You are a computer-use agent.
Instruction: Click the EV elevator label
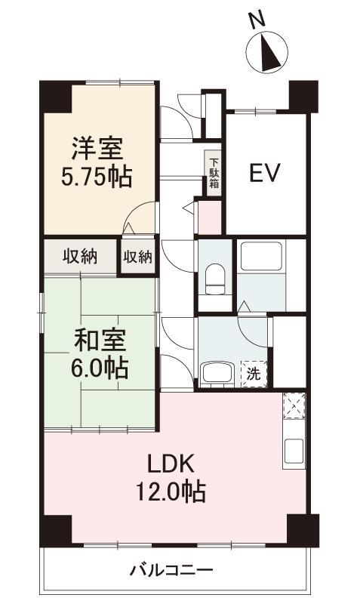[x=264, y=173]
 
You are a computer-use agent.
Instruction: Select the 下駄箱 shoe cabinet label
[x=214, y=173]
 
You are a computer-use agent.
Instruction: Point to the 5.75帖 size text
[x=97, y=177]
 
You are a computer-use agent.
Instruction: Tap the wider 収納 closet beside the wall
[x=80, y=257]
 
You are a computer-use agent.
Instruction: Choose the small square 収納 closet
[x=138, y=257]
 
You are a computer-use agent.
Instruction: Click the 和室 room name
[x=100, y=341]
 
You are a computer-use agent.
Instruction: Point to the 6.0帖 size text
[x=100, y=368]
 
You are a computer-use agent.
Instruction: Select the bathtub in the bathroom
[x=261, y=256]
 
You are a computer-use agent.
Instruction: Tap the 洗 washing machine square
[x=254, y=373]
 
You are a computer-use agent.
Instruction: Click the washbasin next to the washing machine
[x=216, y=374]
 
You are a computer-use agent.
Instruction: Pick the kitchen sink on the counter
[x=294, y=451]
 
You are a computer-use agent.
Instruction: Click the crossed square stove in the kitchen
[x=294, y=405]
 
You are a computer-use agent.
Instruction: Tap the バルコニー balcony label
[x=171, y=570]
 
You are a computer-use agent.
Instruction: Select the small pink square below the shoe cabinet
[x=210, y=217]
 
